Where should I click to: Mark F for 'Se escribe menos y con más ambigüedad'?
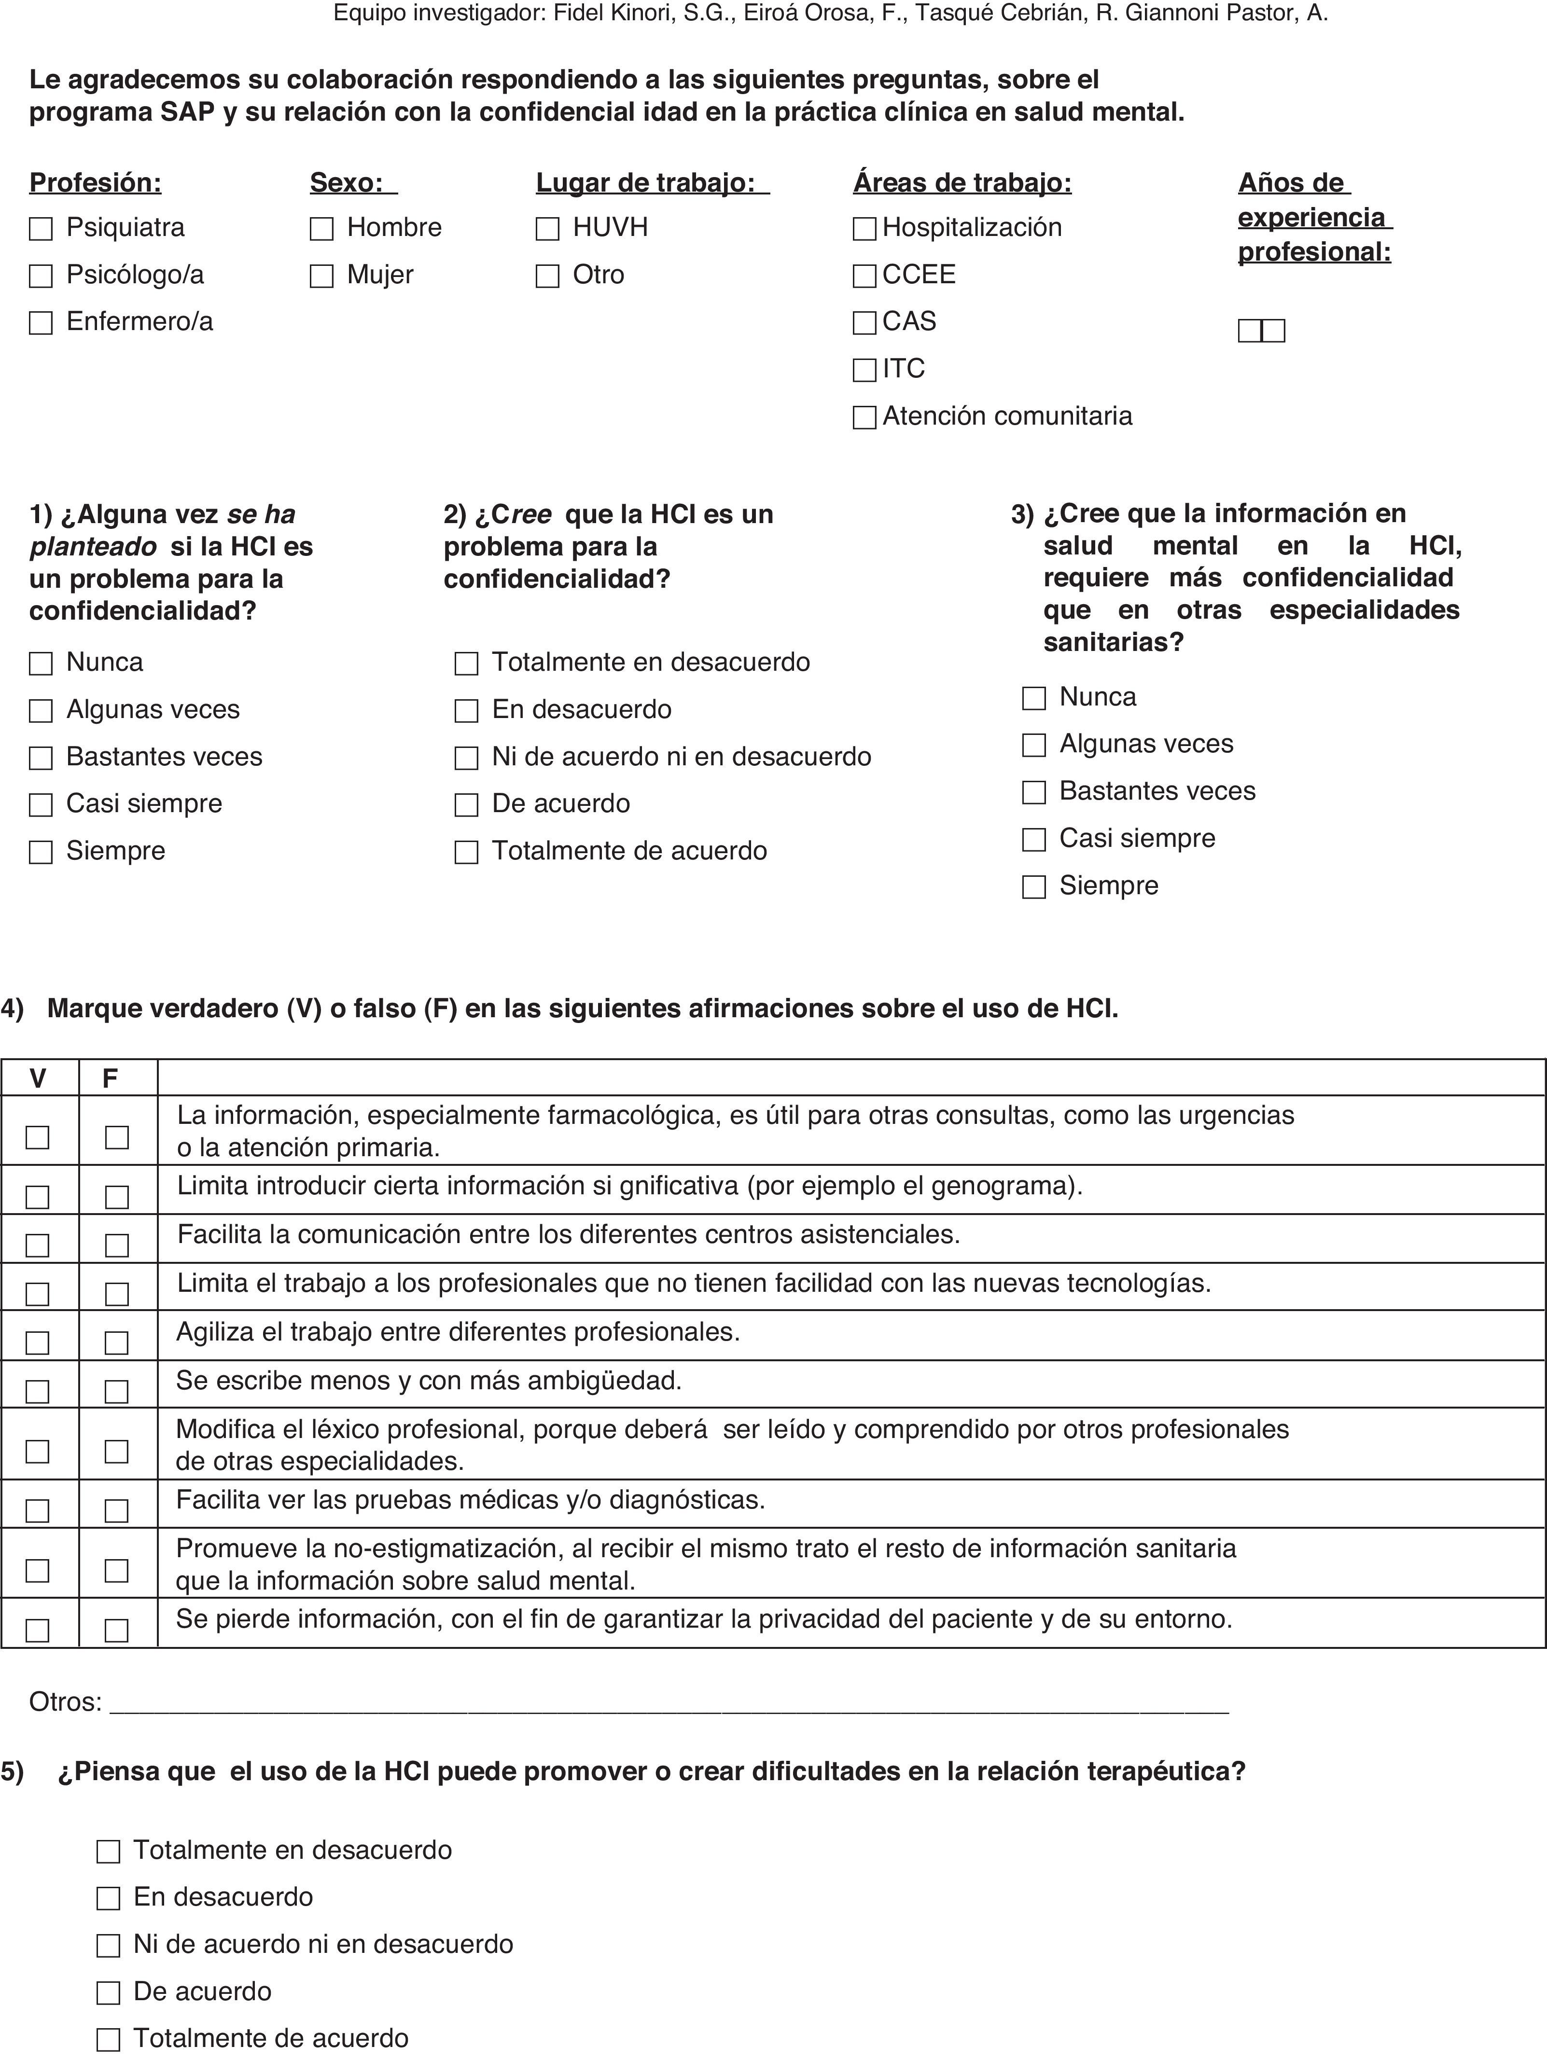click(x=116, y=1391)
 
